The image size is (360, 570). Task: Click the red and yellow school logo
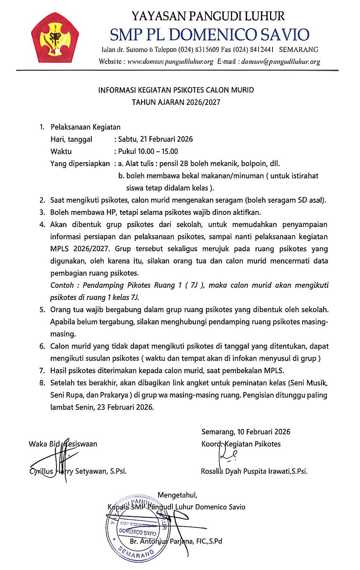click(55, 38)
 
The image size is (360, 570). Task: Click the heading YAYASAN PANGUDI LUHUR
click(208, 16)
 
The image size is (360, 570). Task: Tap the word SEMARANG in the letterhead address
click(298, 50)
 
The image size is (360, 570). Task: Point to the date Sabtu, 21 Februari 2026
click(155, 139)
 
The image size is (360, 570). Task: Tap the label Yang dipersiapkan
click(80, 164)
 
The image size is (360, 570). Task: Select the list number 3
click(42, 212)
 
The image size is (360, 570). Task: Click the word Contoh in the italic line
click(62, 285)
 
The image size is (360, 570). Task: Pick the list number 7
click(42, 371)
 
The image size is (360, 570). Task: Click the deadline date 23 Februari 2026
click(125, 407)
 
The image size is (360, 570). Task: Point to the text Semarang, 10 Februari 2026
click(246, 432)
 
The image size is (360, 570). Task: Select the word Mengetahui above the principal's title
click(177, 495)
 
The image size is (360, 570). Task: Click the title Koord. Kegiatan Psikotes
click(241, 444)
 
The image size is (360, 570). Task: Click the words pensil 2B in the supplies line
click(174, 164)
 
